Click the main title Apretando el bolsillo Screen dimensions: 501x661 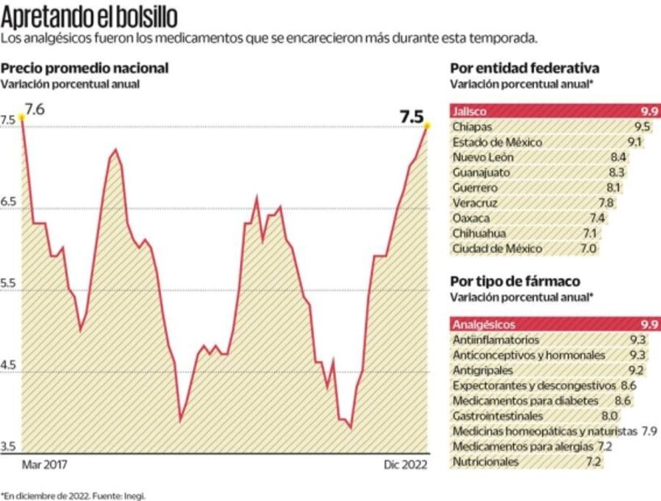pyautogui.click(x=90, y=16)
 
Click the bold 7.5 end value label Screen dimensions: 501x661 pyautogui.click(x=412, y=116)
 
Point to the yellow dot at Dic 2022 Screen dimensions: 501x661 pyautogui.click(x=427, y=125)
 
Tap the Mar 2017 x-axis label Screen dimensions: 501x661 pyautogui.click(x=44, y=465)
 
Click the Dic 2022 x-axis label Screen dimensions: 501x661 pyautogui.click(x=402, y=465)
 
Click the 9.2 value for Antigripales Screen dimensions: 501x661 pyautogui.click(x=636, y=371)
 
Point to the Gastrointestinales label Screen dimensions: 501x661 pyautogui.click(x=498, y=416)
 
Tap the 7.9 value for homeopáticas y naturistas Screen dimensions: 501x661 pyautogui.click(x=649, y=432)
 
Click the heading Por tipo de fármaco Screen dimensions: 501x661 pyautogui.click(x=515, y=281)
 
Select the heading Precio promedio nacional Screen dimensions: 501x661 pyautogui.click(x=84, y=69)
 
